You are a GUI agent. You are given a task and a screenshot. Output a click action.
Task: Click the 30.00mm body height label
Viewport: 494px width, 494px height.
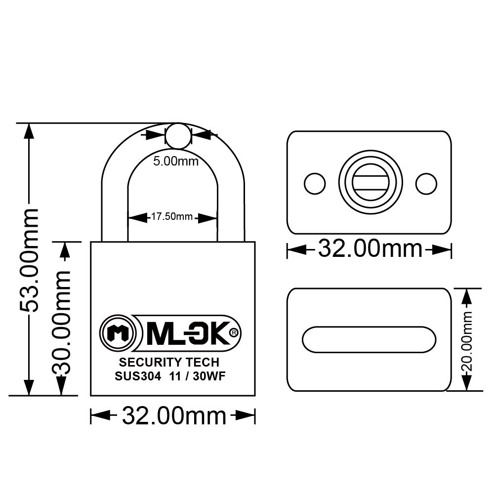62,323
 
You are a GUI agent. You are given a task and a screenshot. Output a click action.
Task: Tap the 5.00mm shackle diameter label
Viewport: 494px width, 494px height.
175,161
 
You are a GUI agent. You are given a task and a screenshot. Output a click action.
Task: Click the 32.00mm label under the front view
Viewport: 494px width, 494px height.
173,416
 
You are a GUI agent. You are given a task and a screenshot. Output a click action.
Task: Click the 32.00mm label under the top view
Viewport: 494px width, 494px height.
370,248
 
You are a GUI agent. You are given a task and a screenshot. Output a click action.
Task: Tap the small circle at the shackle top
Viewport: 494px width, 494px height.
177,136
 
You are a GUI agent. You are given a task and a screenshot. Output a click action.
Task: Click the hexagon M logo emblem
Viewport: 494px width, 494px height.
118,333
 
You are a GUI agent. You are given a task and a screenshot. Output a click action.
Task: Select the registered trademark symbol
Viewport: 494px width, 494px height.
234,333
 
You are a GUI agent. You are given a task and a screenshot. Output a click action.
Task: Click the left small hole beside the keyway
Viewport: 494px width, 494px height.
315,184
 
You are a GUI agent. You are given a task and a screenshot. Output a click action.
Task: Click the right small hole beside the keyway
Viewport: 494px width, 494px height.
426,184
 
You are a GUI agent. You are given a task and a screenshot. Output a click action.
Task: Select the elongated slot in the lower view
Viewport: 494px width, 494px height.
369,340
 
